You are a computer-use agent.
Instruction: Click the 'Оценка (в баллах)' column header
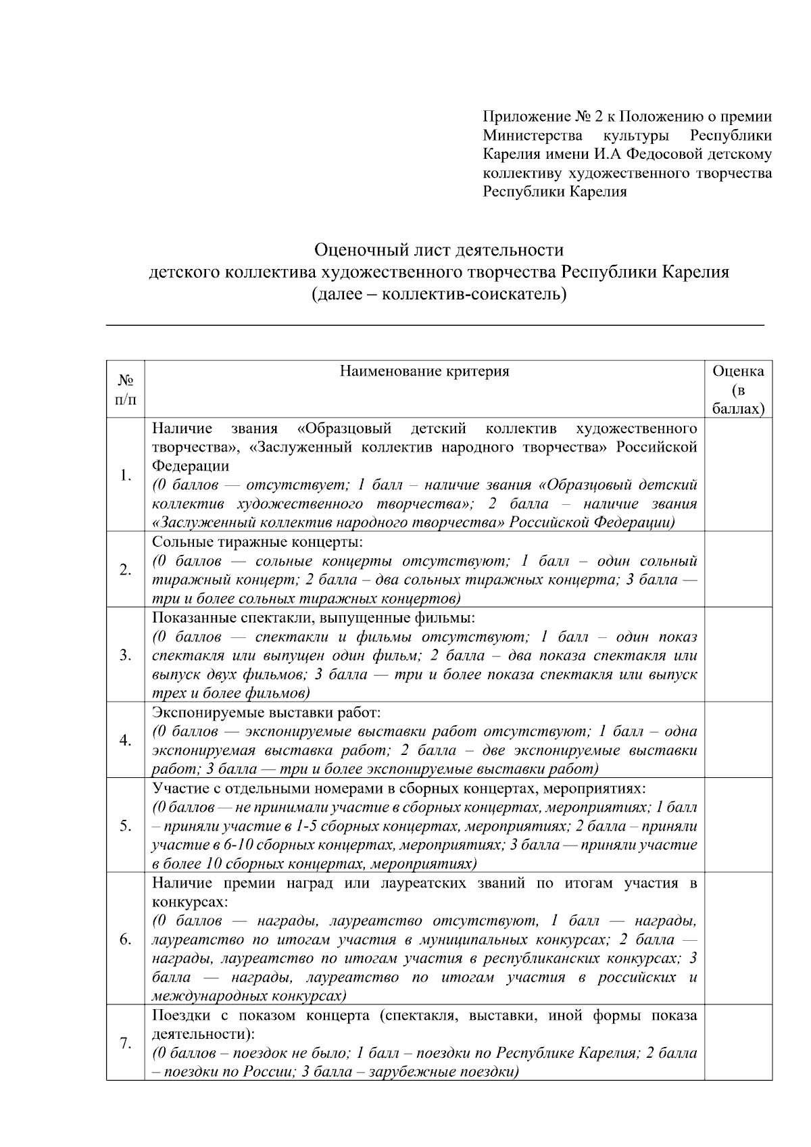tap(738, 389)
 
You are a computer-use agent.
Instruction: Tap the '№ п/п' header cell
tap(125, 389)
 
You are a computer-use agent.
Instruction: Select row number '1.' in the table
tap(125, 476)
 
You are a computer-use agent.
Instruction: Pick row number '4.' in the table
tap(125, 741)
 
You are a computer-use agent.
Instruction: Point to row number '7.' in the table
tap(125, 1044)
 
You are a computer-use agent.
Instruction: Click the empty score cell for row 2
tap(738, 570)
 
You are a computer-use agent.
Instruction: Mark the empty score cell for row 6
tap(738, 939)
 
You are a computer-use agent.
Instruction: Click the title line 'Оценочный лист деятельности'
tap(439, 251)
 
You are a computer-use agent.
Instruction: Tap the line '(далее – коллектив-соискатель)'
tap(439, 295)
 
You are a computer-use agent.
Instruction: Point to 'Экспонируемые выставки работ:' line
tap(266, 712)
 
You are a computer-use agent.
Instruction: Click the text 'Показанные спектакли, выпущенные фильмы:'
tap(314, 618)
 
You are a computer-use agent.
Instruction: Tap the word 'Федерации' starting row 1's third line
tap(190, 466)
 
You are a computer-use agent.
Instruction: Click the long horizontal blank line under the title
tap(435, 325)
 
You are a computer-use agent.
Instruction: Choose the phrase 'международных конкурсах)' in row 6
tap(249, 996)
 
